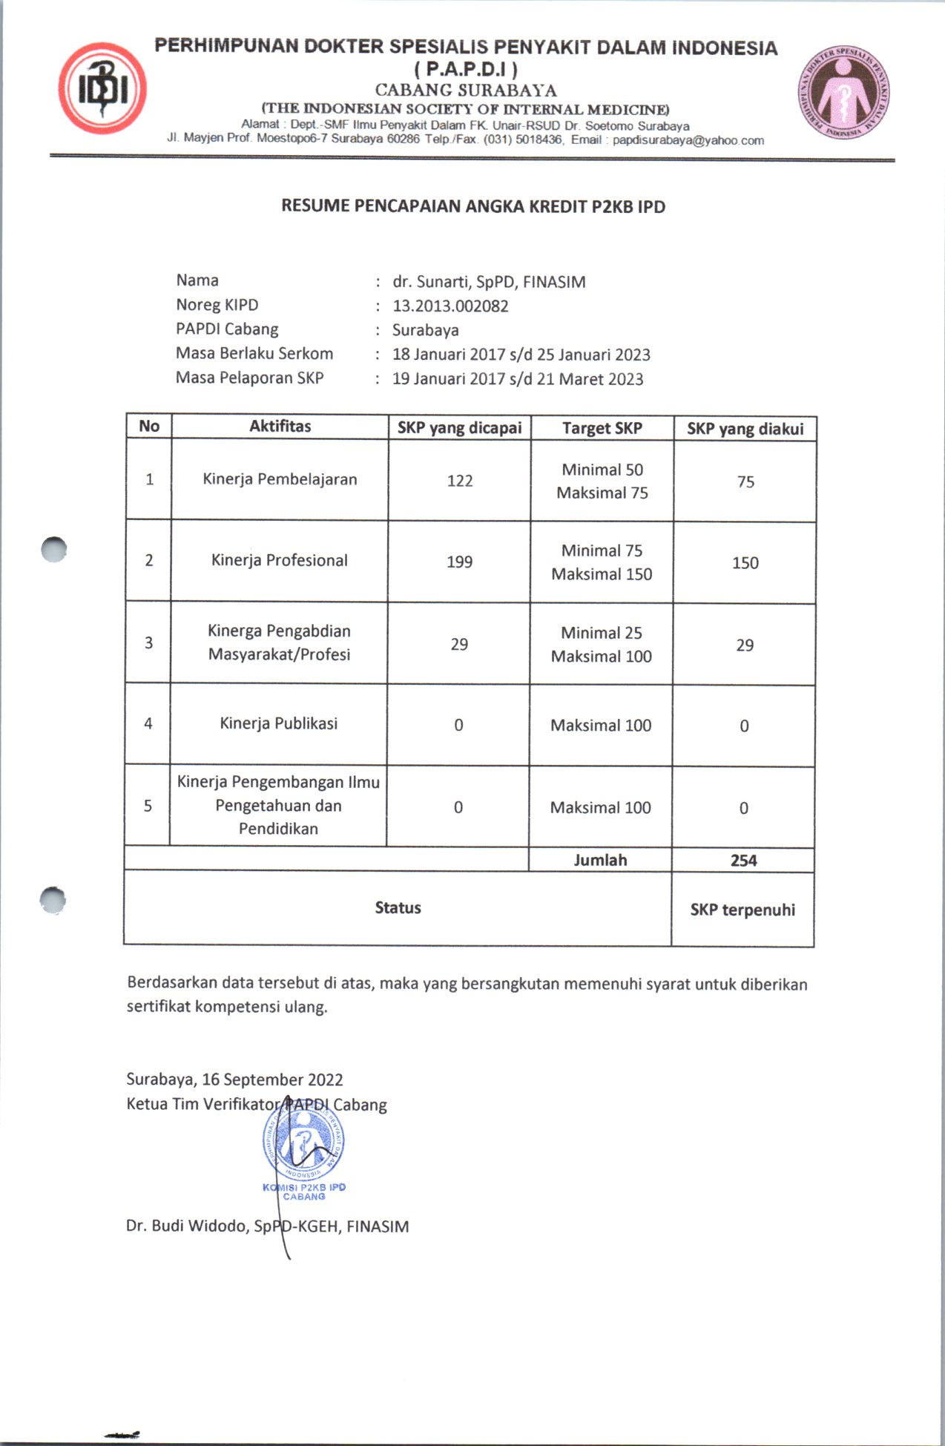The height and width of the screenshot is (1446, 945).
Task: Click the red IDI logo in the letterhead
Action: click(x=102, y=88)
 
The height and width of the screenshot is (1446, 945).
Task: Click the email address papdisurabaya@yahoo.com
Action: click(x=688, y=140)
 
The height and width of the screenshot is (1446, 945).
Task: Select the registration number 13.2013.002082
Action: click(x=450, y=306)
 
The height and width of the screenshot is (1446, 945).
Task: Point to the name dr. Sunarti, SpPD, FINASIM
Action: click(x=489, y=282)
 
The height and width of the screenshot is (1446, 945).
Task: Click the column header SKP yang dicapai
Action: click(x=459, y=427)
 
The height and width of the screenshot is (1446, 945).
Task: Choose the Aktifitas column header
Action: click(x=280, y=426)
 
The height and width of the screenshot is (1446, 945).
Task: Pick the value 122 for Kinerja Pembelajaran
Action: click(x=459, y=481)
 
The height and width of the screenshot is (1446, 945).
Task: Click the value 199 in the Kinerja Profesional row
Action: click(x=459, y=562)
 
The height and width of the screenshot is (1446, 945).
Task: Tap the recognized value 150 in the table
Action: click(x=745, y=563)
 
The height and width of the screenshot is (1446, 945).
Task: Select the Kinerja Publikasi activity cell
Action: click(x=278, y=723)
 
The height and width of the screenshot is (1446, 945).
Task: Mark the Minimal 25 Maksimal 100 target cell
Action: click(x=601, y=644)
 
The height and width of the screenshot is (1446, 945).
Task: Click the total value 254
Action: click(x=743, y=861)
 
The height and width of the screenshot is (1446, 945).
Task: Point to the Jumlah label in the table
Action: click(x=600, y=860)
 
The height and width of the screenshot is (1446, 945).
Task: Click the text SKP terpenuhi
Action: click(x=742, y=910)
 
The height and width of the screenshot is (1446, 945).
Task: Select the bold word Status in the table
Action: click(x=398, y=907)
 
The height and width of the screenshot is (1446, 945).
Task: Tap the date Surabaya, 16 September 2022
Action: click(x=234, y=1079)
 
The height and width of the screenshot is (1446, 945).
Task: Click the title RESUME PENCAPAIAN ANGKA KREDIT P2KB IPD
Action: click(x=472, y=206)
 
